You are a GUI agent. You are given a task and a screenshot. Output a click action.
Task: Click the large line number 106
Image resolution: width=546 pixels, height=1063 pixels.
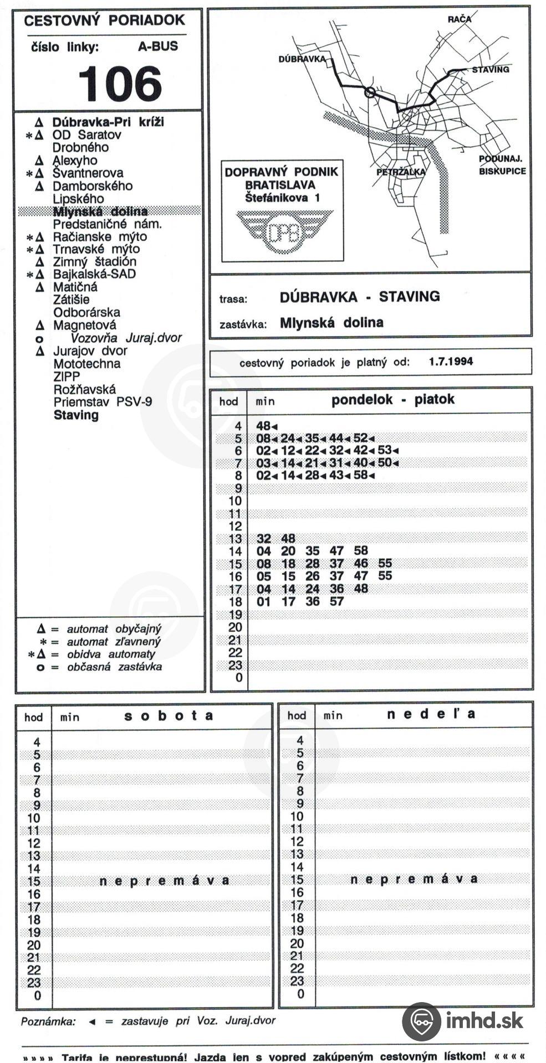click(120, 84)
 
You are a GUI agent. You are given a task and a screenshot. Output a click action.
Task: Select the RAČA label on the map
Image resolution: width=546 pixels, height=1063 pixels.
click(460, 19)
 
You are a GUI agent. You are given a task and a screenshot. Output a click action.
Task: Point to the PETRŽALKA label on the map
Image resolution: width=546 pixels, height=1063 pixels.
click(401, 172)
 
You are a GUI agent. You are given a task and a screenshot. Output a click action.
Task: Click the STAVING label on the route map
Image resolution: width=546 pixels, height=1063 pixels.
click(491, 70)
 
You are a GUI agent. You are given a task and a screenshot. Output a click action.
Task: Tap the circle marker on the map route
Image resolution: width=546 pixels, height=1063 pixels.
click(371, 92)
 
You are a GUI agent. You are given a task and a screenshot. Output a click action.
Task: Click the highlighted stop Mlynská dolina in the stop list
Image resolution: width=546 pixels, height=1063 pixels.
click(100, 211)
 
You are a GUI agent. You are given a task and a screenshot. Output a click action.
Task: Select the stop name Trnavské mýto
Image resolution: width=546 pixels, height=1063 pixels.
click(96, 249)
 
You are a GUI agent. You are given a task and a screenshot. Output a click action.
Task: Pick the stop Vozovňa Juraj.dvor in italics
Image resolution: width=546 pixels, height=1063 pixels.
click(126, 338)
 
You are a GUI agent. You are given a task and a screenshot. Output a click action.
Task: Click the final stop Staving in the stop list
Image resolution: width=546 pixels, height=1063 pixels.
click(76, 415)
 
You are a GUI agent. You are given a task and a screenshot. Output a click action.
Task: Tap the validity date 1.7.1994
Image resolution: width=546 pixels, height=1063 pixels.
click(451, 362)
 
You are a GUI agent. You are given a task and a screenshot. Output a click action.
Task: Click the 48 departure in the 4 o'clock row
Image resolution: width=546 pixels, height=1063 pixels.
click(263, 426)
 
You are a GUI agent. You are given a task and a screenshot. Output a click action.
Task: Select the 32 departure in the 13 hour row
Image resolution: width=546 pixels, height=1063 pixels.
click(264, 539)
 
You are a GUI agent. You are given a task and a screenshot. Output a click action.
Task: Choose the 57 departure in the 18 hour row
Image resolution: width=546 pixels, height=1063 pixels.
click(336, 601)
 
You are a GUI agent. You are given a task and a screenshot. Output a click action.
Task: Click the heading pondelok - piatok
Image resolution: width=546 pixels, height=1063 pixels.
click(392, 400)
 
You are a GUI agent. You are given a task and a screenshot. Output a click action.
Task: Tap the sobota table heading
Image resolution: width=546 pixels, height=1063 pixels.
click(169, 715)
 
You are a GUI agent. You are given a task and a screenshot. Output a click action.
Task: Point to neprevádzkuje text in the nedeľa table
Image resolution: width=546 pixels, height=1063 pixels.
click(414, 879)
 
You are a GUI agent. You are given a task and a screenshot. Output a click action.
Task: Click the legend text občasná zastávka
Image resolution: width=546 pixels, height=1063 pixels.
click(115, 667)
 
